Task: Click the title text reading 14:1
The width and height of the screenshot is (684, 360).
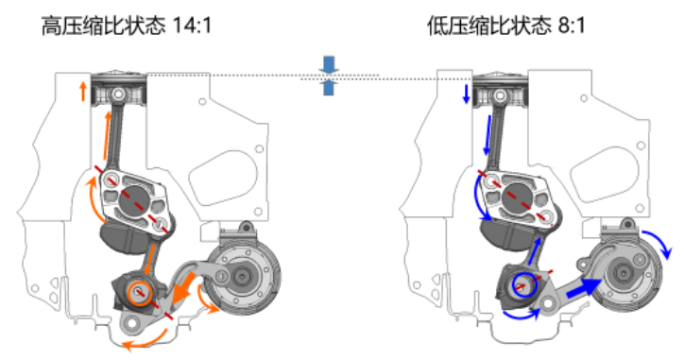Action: [x=192, y=26]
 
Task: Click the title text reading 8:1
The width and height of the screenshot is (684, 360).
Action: [x=571, y=26]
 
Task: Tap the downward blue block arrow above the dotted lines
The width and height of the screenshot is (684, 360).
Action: [x=329, y=65]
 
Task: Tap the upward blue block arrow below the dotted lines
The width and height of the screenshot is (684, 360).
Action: [x=329, y=88]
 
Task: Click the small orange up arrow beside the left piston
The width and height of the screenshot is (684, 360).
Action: [x=83, y=92]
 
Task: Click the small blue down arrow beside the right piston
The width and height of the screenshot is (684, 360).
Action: [x=466, y=94]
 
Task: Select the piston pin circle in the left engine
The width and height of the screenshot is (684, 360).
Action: [x=117, y=94]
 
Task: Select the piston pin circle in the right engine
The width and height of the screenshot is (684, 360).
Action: [x=500, y=95]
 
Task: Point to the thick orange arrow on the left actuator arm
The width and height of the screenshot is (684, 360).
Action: [x=183, y=288]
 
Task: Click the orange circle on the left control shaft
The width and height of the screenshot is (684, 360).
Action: [x=140, y=293]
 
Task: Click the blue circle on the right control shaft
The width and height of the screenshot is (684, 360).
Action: [x=524, y=285]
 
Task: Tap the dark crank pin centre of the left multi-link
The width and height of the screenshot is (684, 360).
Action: [x=135, y=201]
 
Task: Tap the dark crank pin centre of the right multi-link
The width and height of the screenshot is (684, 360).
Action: [x=518, y=198]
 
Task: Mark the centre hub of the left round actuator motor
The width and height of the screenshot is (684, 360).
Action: [x=241, y=276]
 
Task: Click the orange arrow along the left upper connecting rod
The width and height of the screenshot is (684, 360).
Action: [x=107, y=136]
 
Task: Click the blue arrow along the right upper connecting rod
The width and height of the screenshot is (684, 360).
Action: [x=488, y=135]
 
